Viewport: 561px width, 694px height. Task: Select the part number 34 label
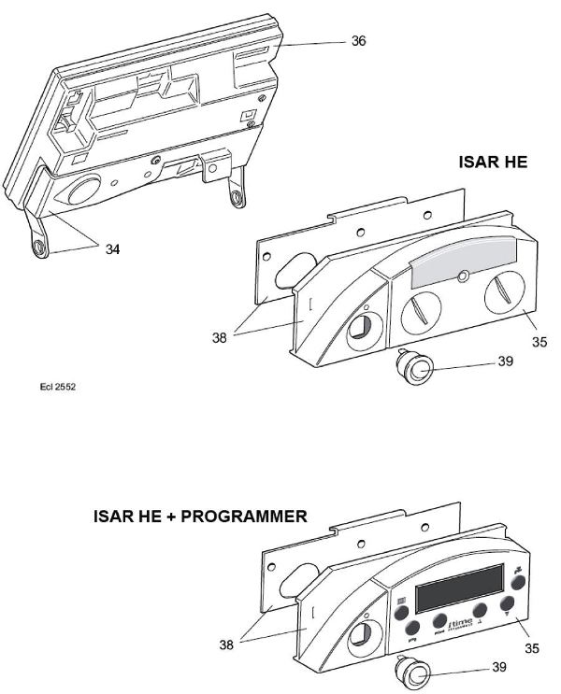click(112, 249)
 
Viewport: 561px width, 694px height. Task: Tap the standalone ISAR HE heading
click(492, 162)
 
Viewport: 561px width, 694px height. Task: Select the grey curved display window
click(464, 255)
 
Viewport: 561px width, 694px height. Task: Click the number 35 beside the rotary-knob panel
click(539, 342)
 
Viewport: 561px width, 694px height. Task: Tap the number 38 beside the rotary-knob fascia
click(219, 337)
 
